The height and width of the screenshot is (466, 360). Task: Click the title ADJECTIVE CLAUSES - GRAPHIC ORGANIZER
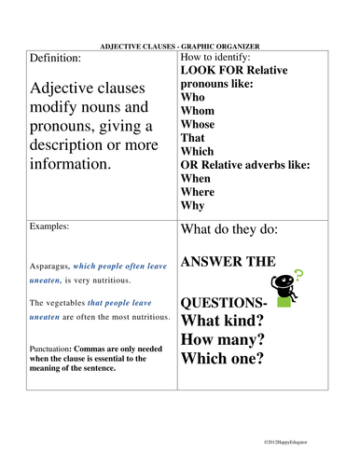180,45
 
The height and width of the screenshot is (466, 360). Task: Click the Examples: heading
50,226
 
